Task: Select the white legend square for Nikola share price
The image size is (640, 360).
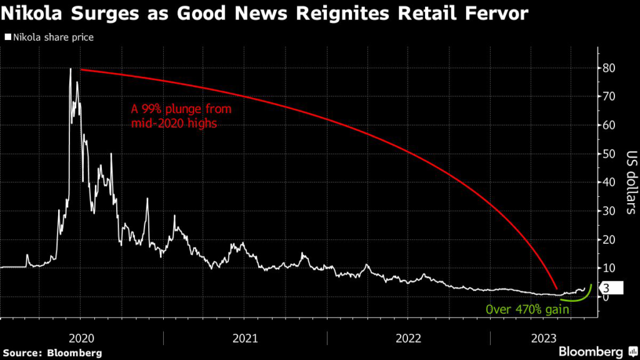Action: [6, 37]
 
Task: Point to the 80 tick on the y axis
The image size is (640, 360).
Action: [607, 67]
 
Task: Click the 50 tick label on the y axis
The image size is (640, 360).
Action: [607, 154]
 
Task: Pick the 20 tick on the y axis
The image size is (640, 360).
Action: [607, 239]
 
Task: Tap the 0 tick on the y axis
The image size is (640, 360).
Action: [604, 297]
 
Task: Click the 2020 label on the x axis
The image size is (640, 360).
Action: [81, 338]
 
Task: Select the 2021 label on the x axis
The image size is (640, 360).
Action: [244, 338]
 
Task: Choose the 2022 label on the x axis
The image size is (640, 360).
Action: [408, 338]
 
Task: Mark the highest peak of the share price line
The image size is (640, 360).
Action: [71, 69]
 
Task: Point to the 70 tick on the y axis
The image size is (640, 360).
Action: [607, 96]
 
